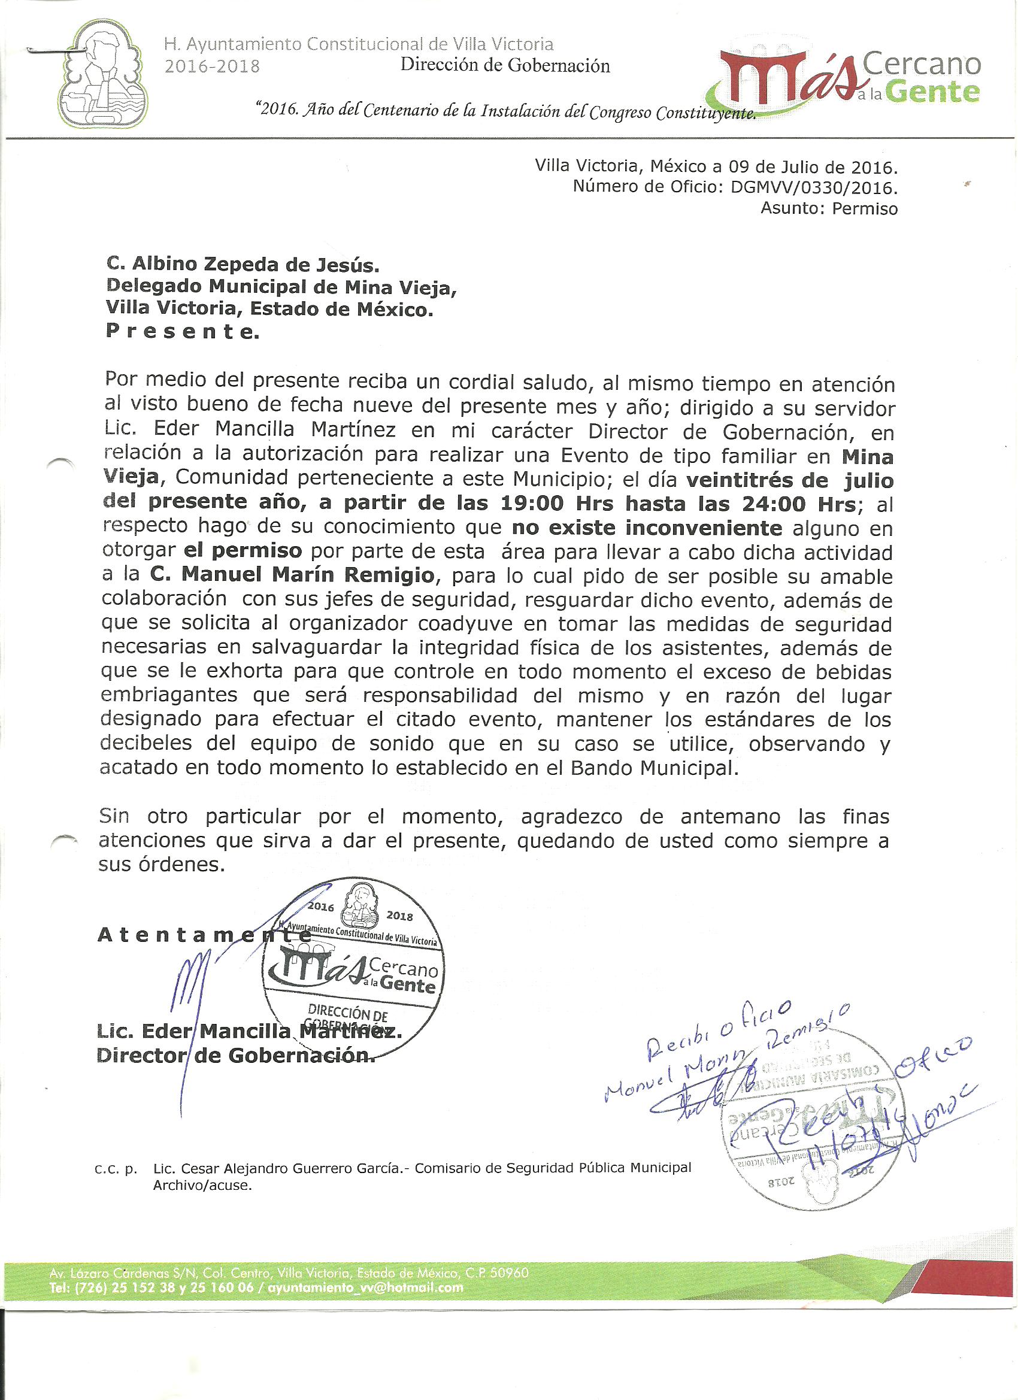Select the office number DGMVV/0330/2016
click(x=814, y=187)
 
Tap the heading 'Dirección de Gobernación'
click(x=505, y=65)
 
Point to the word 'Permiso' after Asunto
click(x=864, y=208)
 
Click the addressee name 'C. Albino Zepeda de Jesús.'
click(x=243, y=265)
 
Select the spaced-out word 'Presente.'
click(x=183, y=332)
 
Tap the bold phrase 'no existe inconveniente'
click(x=647, y=528)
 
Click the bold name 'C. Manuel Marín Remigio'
click(x=292, y=575)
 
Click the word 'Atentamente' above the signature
click(x=204, y=936)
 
